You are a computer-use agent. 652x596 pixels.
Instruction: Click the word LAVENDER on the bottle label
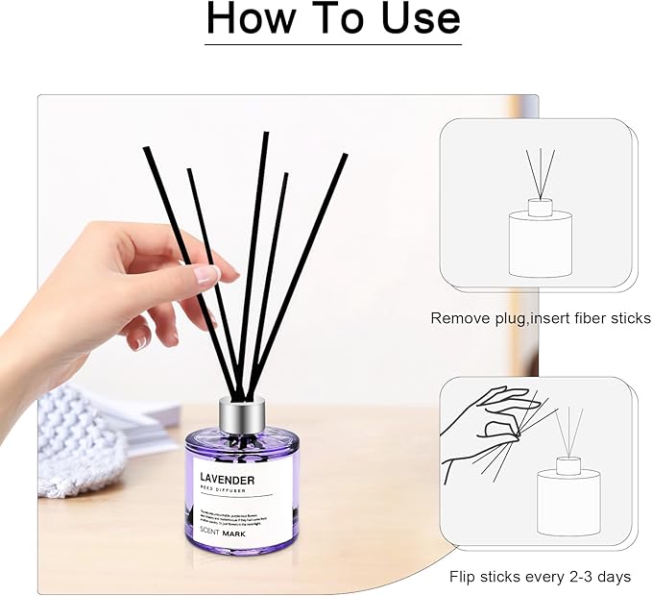click(228, 479)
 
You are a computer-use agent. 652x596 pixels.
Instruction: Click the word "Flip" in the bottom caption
click(466, 577)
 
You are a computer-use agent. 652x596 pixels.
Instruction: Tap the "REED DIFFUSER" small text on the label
click(222, 491)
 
